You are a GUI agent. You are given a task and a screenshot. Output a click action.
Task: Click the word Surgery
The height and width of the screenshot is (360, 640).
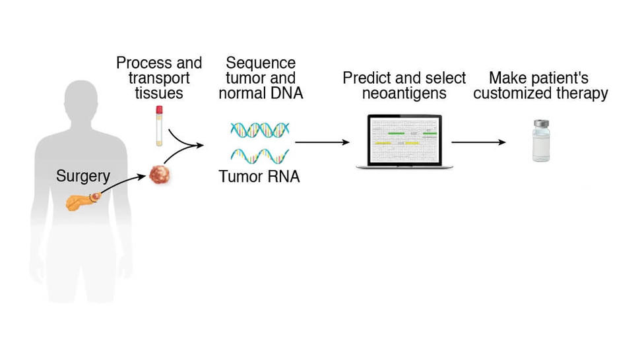82,176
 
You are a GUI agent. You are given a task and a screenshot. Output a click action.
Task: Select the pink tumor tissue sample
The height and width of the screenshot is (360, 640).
159,174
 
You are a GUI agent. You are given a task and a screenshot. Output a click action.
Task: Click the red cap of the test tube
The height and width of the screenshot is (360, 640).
159,109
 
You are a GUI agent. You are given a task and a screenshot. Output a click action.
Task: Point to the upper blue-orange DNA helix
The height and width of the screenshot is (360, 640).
259,129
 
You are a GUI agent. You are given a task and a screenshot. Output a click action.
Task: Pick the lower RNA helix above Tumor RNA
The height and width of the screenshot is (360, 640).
259,156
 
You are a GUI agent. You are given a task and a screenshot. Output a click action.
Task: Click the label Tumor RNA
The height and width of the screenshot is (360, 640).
259,177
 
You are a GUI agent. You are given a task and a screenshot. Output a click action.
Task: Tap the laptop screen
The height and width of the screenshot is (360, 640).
404,140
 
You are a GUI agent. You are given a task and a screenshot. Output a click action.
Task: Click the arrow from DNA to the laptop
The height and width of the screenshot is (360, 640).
322,142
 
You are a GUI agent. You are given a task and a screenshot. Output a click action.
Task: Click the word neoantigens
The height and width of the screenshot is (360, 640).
404,94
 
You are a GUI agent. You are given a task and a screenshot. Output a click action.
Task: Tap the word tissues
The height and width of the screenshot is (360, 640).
158,94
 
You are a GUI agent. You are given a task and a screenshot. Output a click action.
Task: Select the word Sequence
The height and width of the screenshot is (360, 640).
260,63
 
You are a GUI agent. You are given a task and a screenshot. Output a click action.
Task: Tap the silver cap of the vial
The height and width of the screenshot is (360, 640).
541,123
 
